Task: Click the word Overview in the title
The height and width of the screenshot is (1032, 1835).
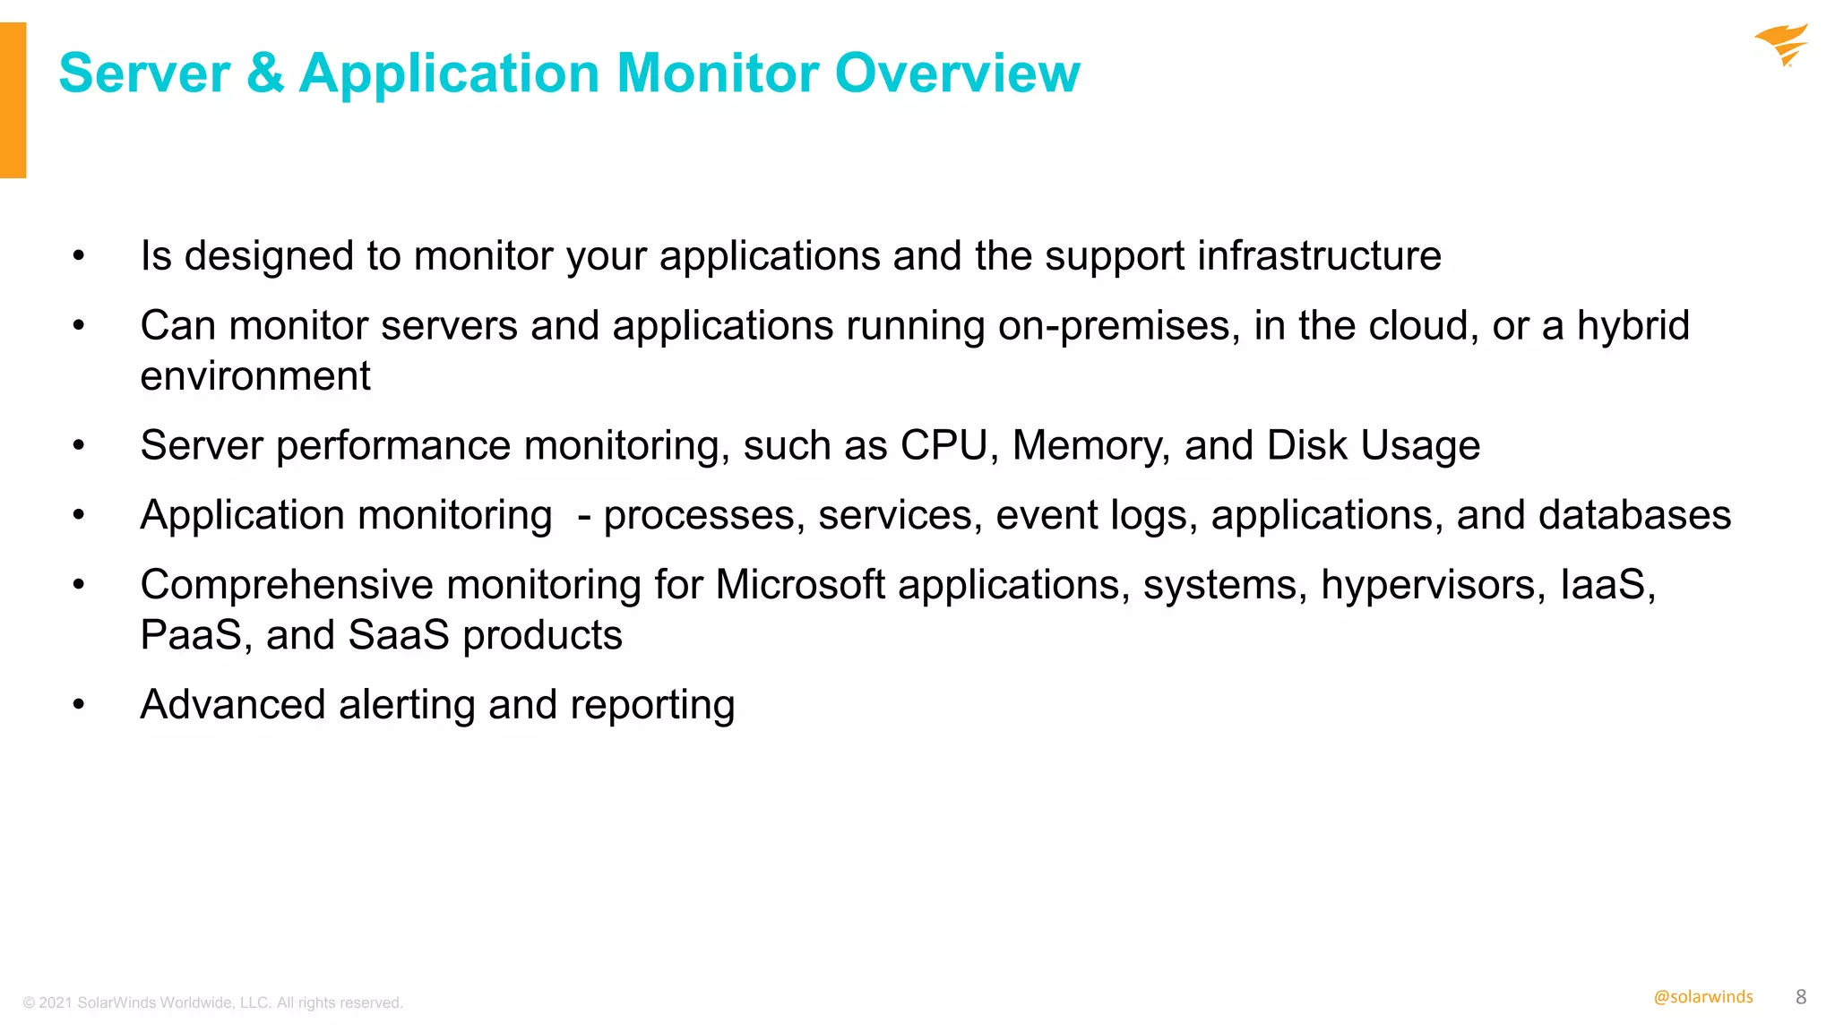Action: click(957, 73)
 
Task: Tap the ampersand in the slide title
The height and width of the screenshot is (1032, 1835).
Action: click(265, 73)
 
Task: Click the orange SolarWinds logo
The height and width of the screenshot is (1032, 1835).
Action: click(1781, 45)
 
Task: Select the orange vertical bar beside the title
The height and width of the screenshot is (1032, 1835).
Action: click(13, 100)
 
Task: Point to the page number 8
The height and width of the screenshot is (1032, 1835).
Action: click(1801, 997)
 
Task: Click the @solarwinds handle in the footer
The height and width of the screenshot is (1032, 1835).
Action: click(1702, 997)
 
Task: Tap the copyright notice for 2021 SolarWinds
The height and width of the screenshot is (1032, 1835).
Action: click(213, 1002)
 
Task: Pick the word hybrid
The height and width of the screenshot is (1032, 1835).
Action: click(1633, 326)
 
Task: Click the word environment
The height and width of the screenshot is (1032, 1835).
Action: click(255, 376)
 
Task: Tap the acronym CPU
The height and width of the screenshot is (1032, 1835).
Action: click(943, 445)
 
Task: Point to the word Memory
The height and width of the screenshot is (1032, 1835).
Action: click(1090, 445)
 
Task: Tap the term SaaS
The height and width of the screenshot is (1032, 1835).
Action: click(399, 635)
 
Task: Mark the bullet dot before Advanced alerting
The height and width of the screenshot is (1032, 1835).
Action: click(79, 705)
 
